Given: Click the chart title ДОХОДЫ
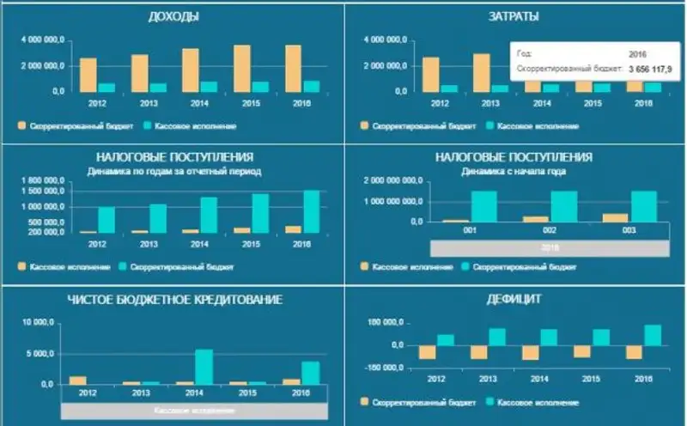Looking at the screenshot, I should (174, 16).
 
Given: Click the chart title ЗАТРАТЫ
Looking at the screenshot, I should (514, 16).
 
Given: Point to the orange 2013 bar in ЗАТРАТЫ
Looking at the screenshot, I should (482, 72).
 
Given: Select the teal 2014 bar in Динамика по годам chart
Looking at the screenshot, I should (209, 215).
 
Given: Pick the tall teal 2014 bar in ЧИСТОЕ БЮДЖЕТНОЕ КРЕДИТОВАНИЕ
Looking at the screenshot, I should (204, 366).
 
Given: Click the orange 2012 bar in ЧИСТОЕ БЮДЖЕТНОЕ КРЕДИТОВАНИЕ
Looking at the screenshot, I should (77, 380).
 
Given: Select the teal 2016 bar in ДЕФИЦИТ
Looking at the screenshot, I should (653, 335).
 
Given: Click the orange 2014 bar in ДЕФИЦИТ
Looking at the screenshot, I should (531, 352).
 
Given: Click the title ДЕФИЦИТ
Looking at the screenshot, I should (514, 299).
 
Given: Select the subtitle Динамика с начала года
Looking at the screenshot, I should (514, 171).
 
